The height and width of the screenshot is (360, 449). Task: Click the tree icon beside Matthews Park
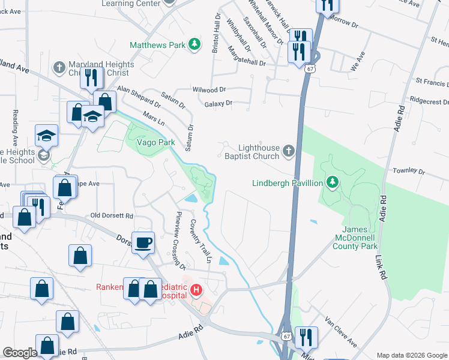point(194,44)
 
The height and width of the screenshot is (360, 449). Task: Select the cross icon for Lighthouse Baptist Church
point(289,151)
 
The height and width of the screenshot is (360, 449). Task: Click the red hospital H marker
point(196,291)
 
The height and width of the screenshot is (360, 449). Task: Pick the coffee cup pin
point(143,243)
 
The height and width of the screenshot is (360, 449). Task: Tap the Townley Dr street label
point(409,171)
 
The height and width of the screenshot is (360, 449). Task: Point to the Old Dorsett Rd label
point(112,215)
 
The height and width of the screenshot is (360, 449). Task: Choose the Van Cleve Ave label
point(340,332)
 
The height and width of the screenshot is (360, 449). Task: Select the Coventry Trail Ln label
point(202,241)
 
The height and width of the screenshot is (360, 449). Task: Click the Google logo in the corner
point(20,353)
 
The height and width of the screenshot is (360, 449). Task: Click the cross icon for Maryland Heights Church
point(59,67)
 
